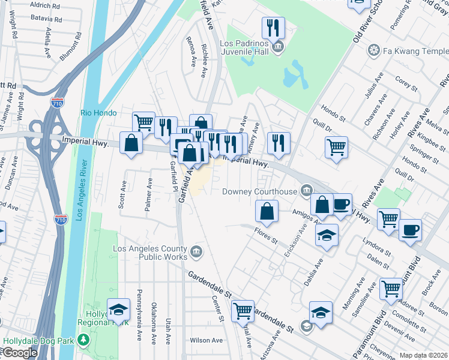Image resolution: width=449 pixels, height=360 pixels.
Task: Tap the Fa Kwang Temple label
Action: tap(414, 50)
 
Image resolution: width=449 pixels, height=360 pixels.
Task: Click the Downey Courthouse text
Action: tap(259, 191)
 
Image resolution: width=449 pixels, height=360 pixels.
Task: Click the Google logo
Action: tap(20, 353)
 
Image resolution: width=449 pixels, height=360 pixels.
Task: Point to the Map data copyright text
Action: tap(424, 355)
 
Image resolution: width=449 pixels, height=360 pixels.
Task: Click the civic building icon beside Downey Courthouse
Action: tap(307, 191)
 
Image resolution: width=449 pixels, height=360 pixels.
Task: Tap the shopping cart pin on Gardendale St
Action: tap(243, 311)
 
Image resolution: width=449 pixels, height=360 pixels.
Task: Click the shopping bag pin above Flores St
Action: tap(267, 211)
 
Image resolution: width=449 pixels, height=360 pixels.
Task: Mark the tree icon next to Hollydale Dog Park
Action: tap(83, 341)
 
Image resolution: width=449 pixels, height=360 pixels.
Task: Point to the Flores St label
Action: tap(266, 235)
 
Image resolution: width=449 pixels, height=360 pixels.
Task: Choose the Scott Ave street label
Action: tap(122, 194)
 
